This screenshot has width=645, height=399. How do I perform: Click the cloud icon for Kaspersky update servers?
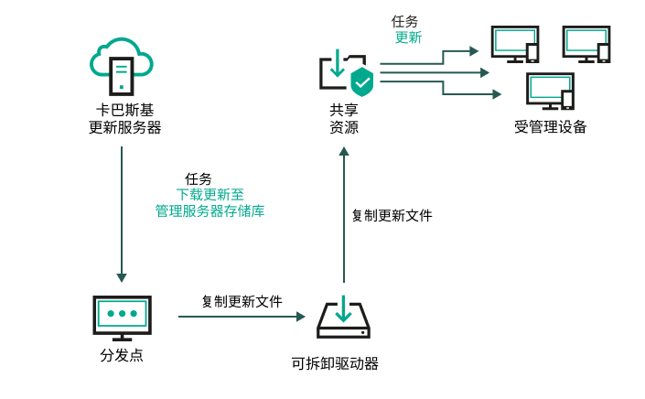coord(121,63)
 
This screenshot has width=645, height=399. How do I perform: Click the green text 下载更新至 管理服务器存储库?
coord(210,202)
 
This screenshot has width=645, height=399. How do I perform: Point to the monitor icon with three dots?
coord(121,315)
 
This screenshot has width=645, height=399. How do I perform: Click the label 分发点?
coord(121,355)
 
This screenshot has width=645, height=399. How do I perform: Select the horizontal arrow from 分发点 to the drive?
coord(241,317)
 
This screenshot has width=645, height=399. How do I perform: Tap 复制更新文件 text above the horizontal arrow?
coord(242,301)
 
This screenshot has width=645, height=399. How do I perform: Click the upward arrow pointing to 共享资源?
coord(344,216)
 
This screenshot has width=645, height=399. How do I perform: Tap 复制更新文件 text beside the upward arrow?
coord(392,216)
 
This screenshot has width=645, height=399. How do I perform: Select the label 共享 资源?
coord(344,119)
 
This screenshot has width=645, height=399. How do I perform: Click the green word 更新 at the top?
coord(408,38)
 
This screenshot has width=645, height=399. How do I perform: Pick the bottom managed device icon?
coord(550,92)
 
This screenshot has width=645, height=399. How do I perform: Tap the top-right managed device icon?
coord(586,44)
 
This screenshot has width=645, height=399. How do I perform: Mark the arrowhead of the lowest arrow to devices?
coord(497,93)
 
